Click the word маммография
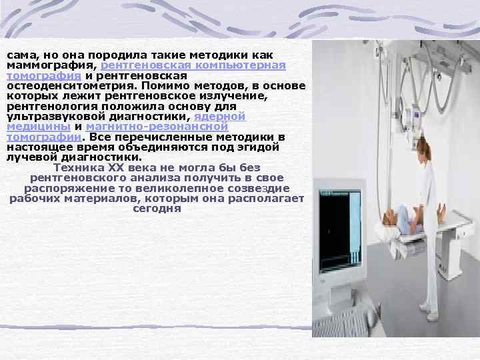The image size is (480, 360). [51, 67]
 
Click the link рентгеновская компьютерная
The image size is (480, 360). [194, 67]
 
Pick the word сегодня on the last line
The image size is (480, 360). [157, 207]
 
